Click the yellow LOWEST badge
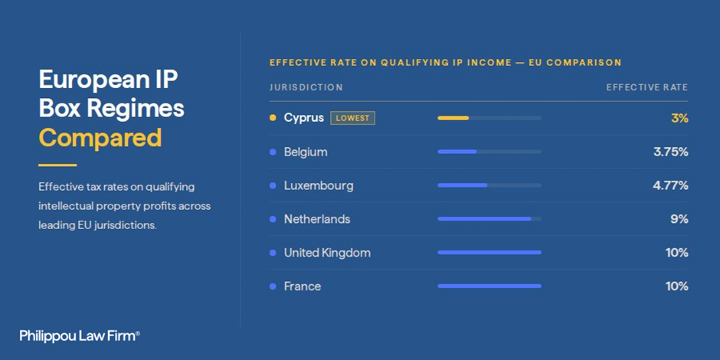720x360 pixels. pyautogui.click(x=352, y=118)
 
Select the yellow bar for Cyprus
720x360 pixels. pyautogui.click(x=453, y=118)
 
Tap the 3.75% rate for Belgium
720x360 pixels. pyautogui.click(x=671, y=152)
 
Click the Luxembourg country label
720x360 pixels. pyautogui.click(x=319, y=186)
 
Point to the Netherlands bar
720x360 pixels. pyautogui.click(x=484, y=219)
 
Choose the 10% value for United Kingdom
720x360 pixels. pyautogui.click(x=677, y=253)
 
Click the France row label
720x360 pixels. pyautogui.click(x=303, y=286)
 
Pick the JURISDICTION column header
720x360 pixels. pyautogui.click(x=306, y=87)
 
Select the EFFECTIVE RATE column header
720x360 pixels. pyautogui.click(x=647, y=87)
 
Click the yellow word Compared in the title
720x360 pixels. pyautogui.click(x=100, y=137)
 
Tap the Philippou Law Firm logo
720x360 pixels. pyautogui.click(x=80, y=335)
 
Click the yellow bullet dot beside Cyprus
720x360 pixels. pyautogui.click(x=273, y=118)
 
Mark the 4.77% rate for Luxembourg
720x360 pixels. pyautogui.click(x=671, y=186)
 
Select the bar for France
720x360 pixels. pyautogui.click(x=489, y=286)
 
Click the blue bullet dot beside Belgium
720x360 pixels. pyautogui.click(x=273, y=152)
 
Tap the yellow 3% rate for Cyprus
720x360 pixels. pyautogui.click(x=679, y=119)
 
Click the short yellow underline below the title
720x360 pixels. pyautogui.click(x=57, y=165)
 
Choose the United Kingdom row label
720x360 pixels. pyautogui.click(x=327, y=253)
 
